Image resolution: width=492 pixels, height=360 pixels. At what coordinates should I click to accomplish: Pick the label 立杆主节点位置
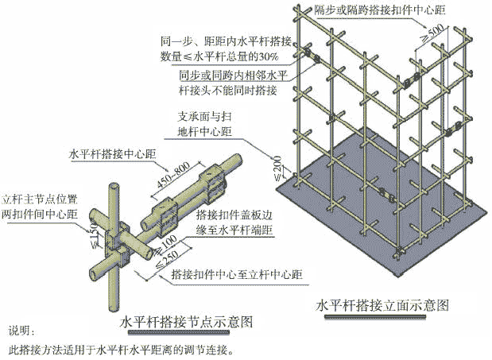pyautogui.click(x=41, y=198)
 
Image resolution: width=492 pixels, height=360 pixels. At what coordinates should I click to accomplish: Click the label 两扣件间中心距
pyautogui.click(x=41, y=213)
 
